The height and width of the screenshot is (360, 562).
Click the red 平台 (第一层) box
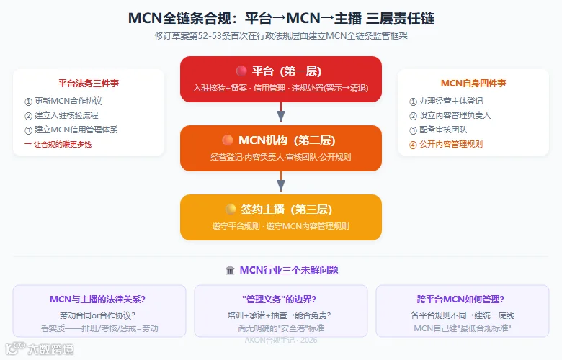point(281,79)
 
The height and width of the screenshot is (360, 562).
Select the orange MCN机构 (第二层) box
point(281,148)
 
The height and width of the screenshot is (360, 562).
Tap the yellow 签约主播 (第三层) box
point(281,217)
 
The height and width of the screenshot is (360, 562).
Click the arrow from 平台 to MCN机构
point(281,112)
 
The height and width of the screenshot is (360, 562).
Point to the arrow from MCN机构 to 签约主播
point(281,181)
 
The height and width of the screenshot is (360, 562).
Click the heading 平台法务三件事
point(89,84)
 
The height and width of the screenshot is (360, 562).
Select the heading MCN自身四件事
point(473,84)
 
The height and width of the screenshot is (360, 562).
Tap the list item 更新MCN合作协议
point(63,101)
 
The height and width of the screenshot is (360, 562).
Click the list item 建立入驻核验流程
point(61,115)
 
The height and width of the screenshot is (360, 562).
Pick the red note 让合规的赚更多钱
point(58,144)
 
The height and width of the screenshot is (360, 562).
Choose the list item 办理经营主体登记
point(446,101)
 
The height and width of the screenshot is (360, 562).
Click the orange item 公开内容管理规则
point(446,144)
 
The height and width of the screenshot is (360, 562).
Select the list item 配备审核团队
point(438,130)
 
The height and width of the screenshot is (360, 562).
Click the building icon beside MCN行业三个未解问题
point(230,270)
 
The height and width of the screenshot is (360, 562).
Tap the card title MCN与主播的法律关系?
point(97,299)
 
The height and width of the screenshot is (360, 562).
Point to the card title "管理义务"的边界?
point(280,299)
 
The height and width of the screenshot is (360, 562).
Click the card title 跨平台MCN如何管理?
point(460,299)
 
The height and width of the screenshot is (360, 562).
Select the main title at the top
point(281,18)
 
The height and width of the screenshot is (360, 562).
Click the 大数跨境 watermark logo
point(40,349)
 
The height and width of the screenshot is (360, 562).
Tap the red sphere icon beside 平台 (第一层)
point(241,71)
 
